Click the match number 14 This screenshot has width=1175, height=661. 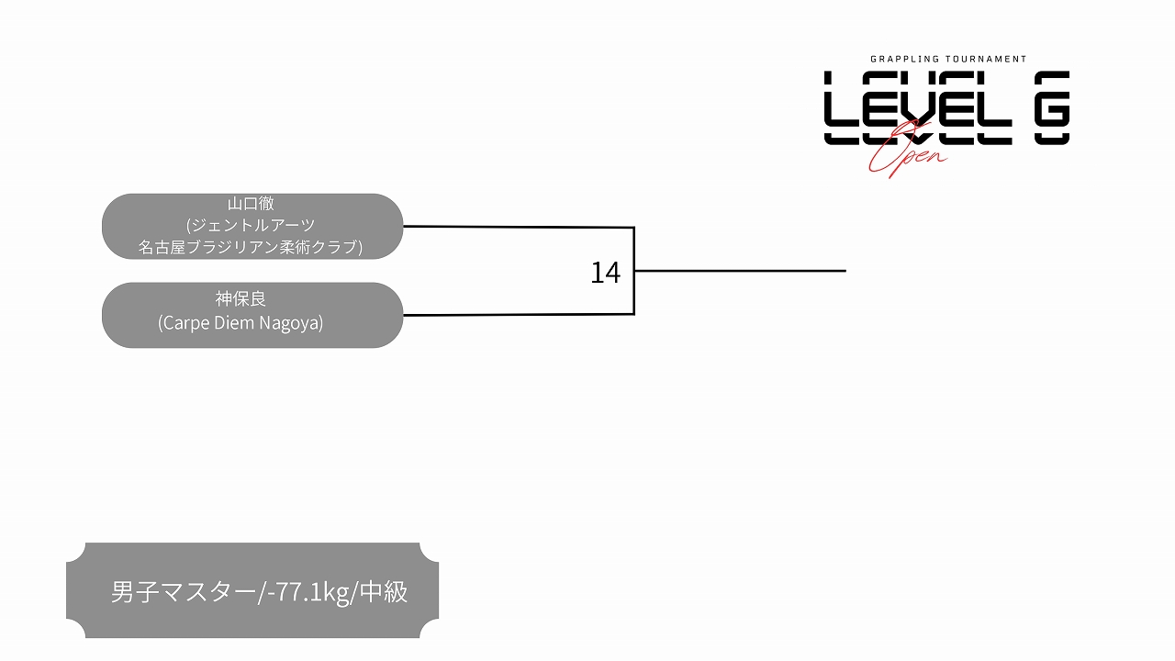coord(605,273)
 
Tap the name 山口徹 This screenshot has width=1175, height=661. coord(251,204)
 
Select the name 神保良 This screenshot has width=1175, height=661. coord(241,299)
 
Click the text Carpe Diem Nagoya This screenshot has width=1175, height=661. coord(241,322)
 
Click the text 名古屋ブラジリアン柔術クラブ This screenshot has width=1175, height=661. coord(248,247)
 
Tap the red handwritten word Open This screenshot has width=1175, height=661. coord(908,152)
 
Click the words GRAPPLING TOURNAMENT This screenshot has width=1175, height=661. coord(948,60)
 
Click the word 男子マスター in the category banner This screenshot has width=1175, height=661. coord(184,592)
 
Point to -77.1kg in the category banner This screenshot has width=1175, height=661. coord(307,592)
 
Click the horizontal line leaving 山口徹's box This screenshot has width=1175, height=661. coord(519,227)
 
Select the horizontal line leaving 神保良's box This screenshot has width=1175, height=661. coord(519,315)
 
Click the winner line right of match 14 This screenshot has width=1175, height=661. coord(740,271)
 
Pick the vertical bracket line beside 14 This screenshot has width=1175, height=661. coord(634,271)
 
